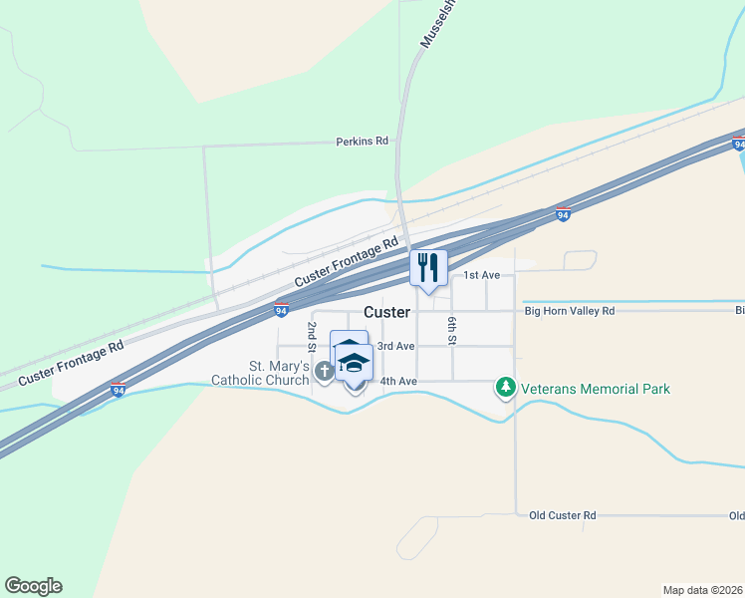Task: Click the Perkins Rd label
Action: (x=362, y=142)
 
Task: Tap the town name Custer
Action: (x=386, y=312)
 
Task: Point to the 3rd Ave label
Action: (x=395, y=346)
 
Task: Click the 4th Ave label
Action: (x=397, y=381)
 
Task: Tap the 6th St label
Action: (x=451, y=329)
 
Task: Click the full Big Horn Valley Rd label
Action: (x=571, y=311)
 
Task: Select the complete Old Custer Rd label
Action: (x=562, y=515)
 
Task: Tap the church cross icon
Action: (x=324, y=372)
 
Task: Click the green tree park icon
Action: (x=506, y=387)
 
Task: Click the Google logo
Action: (x=33, y=586)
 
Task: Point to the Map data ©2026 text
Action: (x=703, y=590)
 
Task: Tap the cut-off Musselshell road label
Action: (x=436, y=25)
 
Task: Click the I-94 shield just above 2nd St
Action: (x=282, y=310)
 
